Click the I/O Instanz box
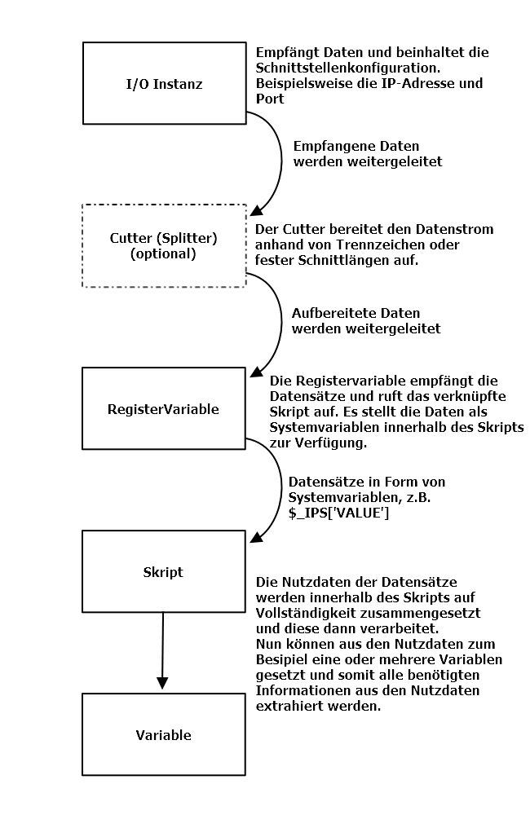tap(164, 83)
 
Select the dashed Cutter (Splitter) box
tap(164, 245)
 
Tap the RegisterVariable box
tap(164, 408)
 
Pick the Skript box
tap(164, 571)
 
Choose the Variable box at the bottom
tap(164, 734)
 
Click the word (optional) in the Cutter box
tap(163, 253)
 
